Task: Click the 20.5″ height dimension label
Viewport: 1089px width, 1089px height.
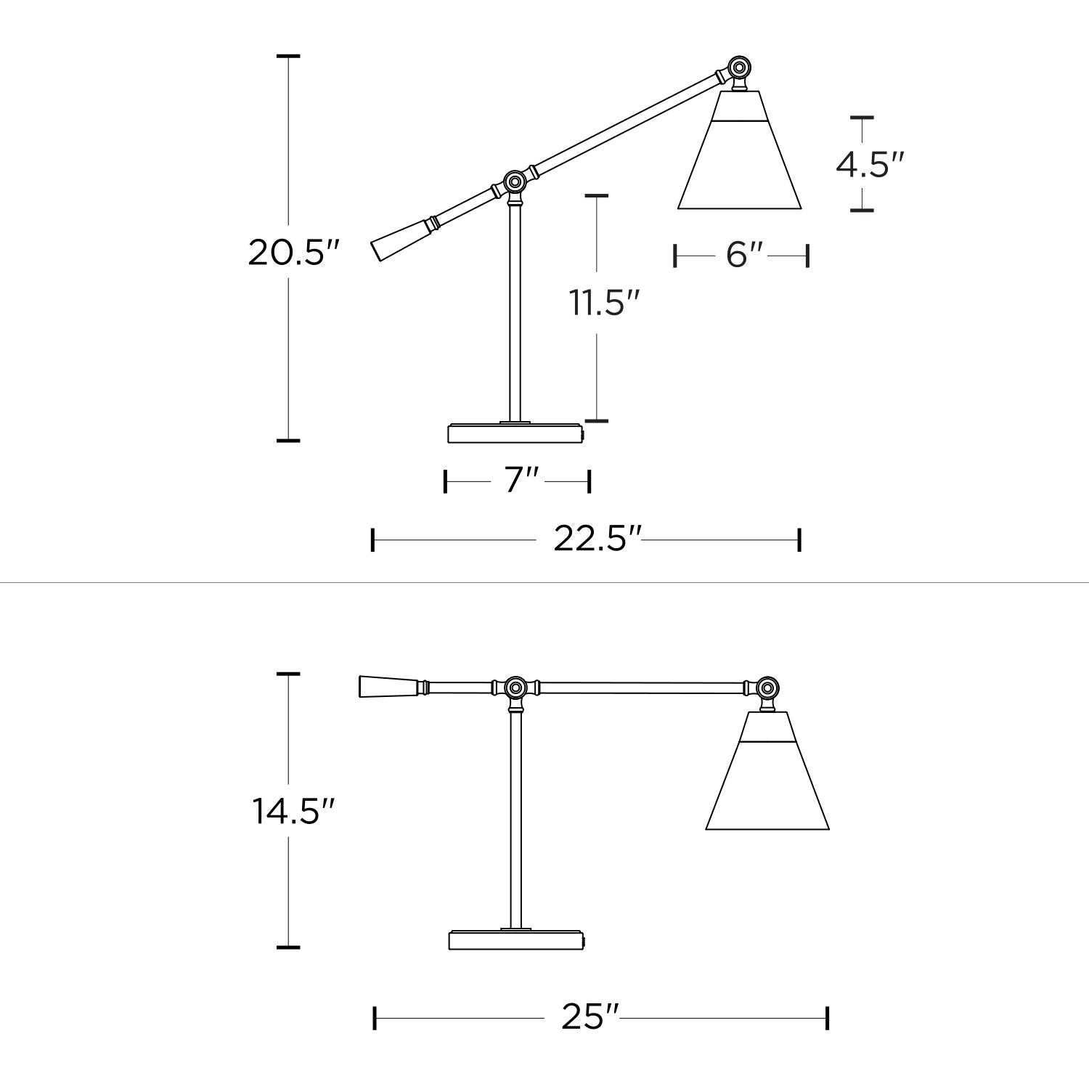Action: pyautogui.click(x=294, y=253)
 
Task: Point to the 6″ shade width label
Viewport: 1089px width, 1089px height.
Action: pyautogui.click(x=744, y=255)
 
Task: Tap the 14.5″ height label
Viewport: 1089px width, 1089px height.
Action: pyautogui.click(x=294, y=811)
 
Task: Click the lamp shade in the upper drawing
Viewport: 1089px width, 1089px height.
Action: pyautogui.click(x=739, y=150)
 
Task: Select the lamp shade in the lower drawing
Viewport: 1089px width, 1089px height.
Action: pyautogui.click(x=767, y=770)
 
